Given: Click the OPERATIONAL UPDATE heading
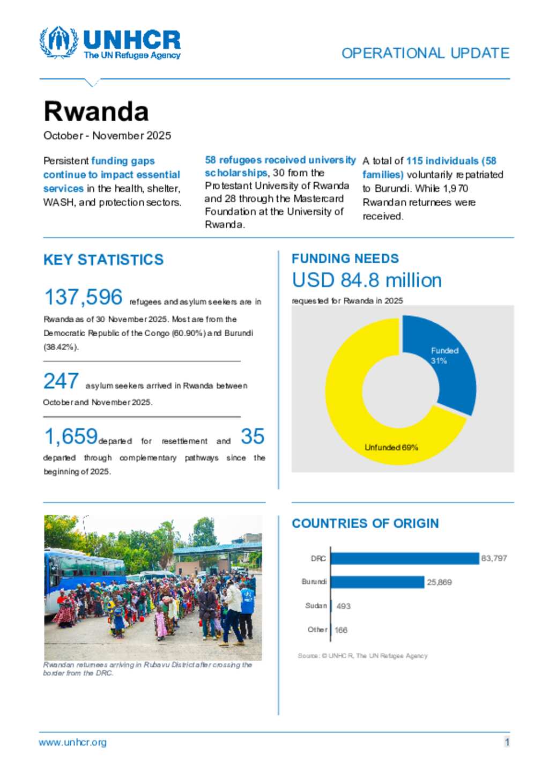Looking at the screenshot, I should tap(425, 53).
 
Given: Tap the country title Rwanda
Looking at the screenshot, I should tap(96, 112).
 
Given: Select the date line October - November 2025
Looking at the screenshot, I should tap(107, 136).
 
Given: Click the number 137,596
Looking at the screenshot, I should tap(83, 297).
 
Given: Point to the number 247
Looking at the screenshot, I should tap(61, 381).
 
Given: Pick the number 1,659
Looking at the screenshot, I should tap(71, 436).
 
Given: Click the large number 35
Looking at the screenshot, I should tap(253, 436).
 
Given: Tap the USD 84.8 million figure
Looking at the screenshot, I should tap(367, 280).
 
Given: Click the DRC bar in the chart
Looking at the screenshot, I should tap(405, 558).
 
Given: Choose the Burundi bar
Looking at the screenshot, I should tap(377, 582).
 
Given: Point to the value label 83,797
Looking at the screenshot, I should tap(494, 558).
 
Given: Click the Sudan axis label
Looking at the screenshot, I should tap(316, 605).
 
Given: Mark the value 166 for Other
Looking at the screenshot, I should tap(341, 630).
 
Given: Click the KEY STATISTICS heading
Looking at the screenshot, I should tap(103, 260).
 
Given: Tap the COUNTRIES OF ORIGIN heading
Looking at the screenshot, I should tap(365, 523).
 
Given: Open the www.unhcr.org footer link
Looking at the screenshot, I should tap(72, 742).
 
